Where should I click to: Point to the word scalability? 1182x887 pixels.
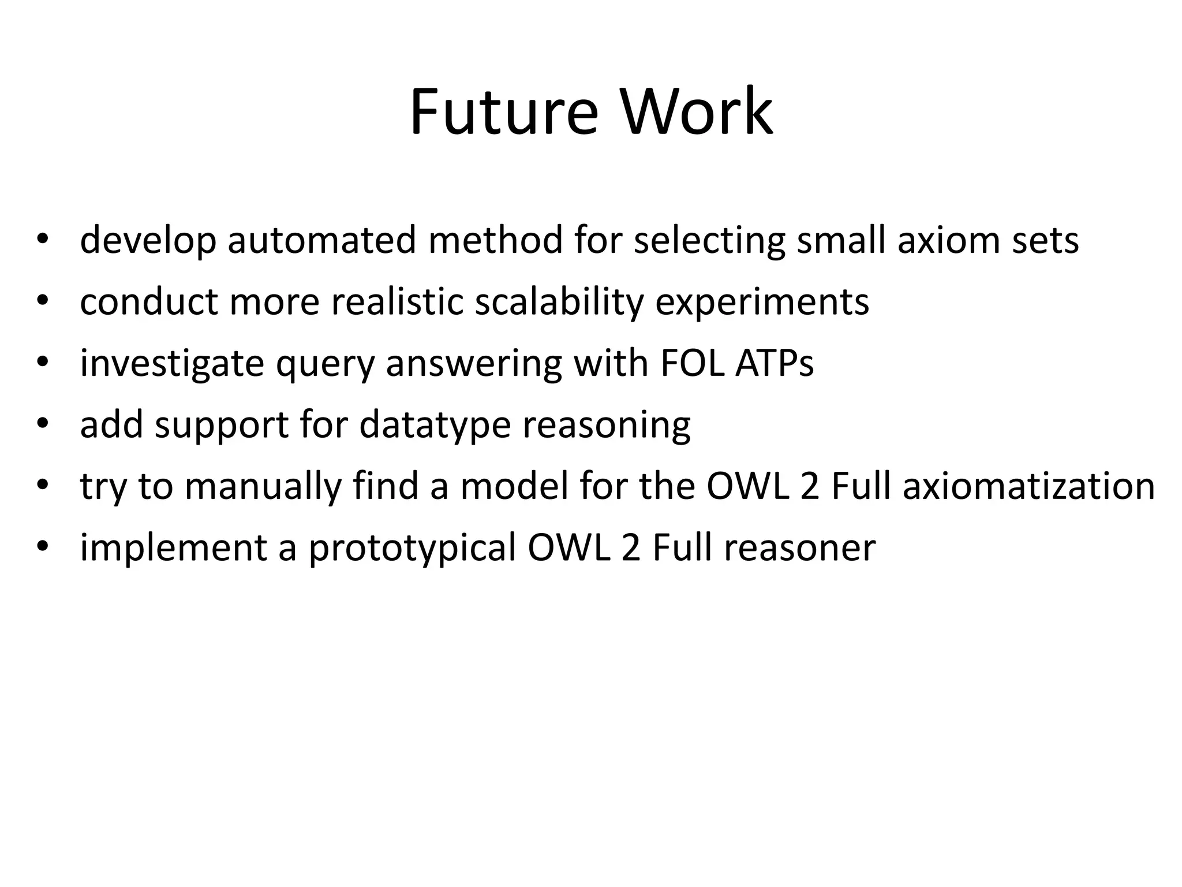pos(559,302)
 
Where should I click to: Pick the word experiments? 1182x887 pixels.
pos(762,302)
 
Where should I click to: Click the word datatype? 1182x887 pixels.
pos(435,426)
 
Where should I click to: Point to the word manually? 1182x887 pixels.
pos(263,487)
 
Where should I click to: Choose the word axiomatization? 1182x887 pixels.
pos(1028,486)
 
